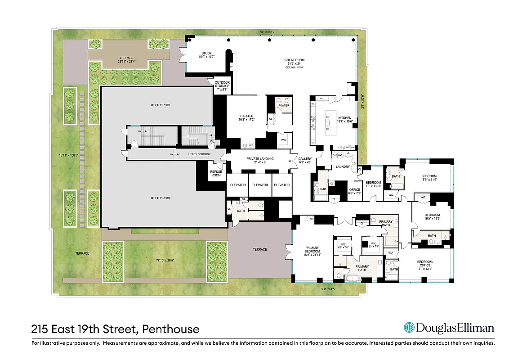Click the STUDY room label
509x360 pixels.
(206, 54)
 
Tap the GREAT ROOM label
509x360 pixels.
(295, 60)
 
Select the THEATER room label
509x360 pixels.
(246, 116)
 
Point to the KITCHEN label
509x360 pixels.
(344, 118)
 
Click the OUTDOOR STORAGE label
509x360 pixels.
(222, 83)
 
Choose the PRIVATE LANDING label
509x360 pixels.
(260, 159)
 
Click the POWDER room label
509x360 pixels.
(284, 105)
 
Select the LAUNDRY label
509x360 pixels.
(343, 166)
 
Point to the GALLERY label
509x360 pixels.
(305, 159)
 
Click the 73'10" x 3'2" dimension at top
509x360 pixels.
(272, 32)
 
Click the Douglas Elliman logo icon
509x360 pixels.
(409, 328)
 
